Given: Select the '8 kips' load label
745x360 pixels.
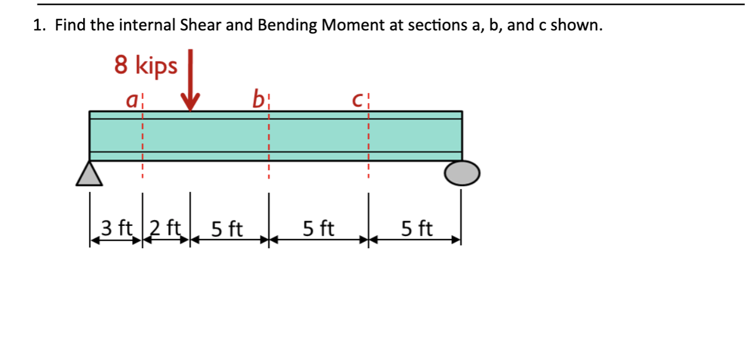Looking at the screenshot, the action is tap(146, 66).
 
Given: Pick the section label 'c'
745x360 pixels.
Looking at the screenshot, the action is tap(358, 101).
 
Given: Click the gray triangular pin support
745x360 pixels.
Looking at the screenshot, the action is tap(90, 174).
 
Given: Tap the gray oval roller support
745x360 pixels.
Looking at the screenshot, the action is tap(462, 173).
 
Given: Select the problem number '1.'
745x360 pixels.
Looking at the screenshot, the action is tap(39, 26).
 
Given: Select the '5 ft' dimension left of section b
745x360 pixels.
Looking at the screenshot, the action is tap(227, 228).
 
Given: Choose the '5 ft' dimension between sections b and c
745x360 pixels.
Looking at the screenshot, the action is tap(318, 228).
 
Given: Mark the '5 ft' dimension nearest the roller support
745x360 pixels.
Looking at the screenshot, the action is tap(417, 228).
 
